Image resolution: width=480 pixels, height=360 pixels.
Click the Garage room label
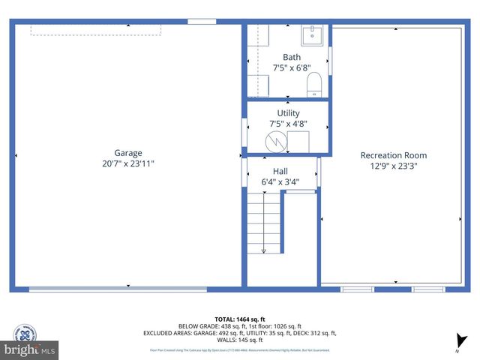point(128,152)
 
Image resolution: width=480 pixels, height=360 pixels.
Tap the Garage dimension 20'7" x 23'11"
point(128,163)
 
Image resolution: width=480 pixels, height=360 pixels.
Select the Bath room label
point(291,57)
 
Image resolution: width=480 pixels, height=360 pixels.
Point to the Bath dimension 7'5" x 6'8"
point(291,67)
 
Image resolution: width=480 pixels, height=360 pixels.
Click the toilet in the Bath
point(314,84)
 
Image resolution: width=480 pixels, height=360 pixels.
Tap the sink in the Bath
point(312,34)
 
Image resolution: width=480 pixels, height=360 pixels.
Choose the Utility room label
point(288,113)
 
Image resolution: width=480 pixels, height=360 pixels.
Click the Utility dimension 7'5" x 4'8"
point(288,124)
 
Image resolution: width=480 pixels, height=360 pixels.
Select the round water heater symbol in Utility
point(276,140)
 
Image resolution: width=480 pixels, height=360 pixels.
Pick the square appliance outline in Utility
point(298,141)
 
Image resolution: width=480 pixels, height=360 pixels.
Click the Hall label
point(280,171)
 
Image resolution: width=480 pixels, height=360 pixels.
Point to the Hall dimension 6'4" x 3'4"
point(280,181)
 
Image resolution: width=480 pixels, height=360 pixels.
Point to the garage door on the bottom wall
point(118,289)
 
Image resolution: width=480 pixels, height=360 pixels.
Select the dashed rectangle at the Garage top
point(95,30)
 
